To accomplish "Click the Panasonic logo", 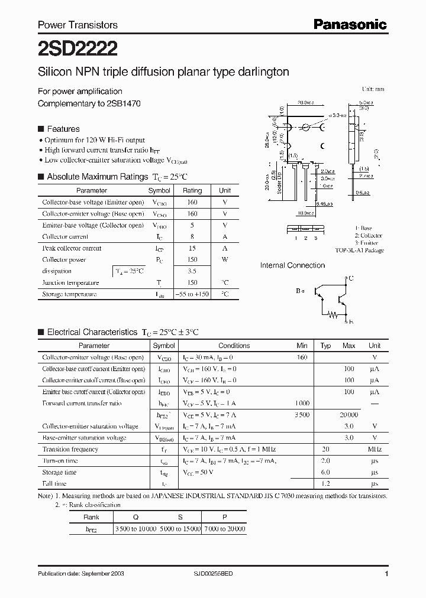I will point(350,24).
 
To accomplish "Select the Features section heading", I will point(63,129).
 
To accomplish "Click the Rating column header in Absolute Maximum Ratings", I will point(192,191).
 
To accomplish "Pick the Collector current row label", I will point(64,236).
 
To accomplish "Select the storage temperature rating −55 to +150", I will point(192,294).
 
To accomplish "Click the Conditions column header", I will point(234,346).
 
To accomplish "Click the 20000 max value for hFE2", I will point(349,415).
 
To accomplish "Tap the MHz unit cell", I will point(375,449).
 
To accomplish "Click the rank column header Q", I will point(135,516).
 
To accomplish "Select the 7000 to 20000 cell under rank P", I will point(224,528).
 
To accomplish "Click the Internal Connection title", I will point(292,265).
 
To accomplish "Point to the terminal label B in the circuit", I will point(298,291).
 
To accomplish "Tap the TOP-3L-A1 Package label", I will point(359,251).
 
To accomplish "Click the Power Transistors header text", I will point(78,25).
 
